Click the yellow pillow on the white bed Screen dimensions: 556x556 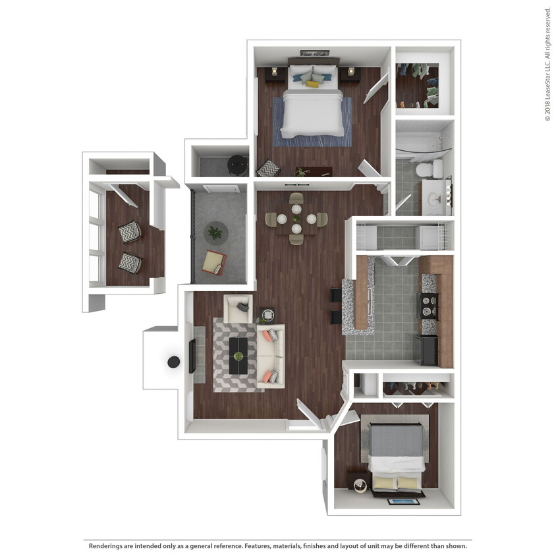tap(312, 84)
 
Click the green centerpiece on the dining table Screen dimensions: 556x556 tap(296, 219)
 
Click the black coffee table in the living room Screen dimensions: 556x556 tap(238, 356)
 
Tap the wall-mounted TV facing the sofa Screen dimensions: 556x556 tap(192, 355)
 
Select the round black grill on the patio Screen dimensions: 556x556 tap(174, 362)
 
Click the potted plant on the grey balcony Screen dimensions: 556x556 tap(215, 232)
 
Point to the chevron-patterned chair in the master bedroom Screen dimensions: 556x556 tap(267, 169)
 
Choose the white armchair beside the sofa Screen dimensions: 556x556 tap(238, 308)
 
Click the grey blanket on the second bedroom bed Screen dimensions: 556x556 tap(395, 440)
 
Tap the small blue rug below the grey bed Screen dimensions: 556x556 tap(403, 501)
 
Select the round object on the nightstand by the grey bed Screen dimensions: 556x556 tap(360, 486)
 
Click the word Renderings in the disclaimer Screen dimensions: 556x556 tap(107, 546)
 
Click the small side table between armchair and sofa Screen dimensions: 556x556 tap(267, 314)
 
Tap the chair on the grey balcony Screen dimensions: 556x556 tap(213, 262)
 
